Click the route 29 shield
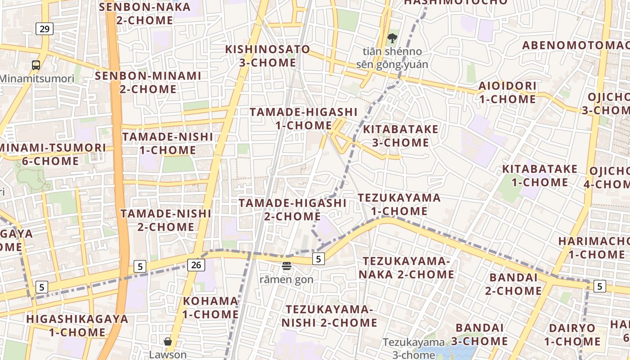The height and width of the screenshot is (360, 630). pos(45,29)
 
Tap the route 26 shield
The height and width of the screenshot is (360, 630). pos(196,265)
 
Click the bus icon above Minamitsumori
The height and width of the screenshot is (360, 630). pos(36,65)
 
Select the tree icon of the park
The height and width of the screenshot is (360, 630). pos(392,38)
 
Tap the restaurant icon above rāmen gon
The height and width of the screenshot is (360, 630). pos(287,266)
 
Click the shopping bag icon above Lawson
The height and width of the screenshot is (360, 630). pos(168,342)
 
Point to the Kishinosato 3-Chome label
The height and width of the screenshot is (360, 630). pos(268,56)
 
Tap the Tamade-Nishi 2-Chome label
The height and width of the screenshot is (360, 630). pos(166,220)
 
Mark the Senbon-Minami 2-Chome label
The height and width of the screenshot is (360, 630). pos(148,82)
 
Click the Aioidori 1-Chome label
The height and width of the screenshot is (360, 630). pos(507,92)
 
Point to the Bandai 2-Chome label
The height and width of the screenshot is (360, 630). pos(513,284)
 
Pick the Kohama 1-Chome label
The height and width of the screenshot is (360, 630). pos(210,307)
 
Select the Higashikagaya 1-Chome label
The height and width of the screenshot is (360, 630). pos(77,325)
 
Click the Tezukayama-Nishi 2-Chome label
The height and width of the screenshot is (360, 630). pos(329,316)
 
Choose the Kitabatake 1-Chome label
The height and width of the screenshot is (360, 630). pos(540,175)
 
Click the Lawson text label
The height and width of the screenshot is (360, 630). pos(168,355)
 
